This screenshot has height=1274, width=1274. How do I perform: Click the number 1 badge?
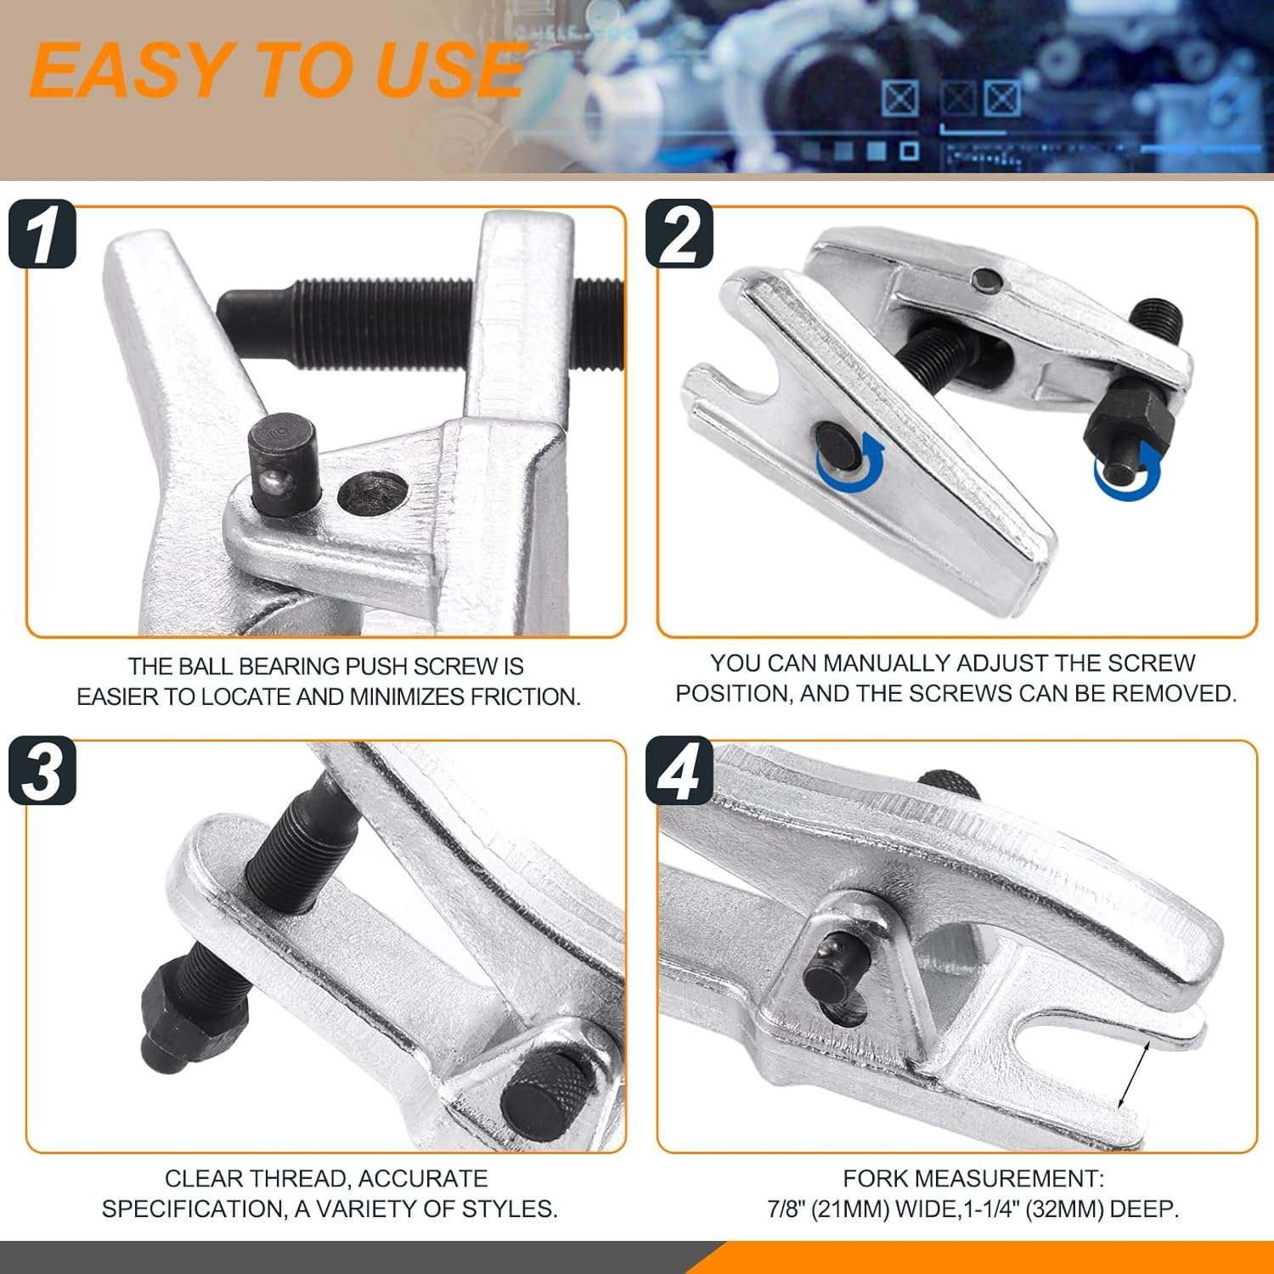(42, 234)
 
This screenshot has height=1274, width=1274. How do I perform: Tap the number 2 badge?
(679, 234)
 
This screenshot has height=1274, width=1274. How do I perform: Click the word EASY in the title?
(132, 71)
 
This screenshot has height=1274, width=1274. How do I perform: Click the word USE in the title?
(448, 71)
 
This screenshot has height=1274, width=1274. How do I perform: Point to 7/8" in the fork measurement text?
(786, 1209)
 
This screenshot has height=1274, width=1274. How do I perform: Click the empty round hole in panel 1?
(370, 493)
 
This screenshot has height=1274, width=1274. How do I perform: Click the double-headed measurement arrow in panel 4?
(1134, 1074)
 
